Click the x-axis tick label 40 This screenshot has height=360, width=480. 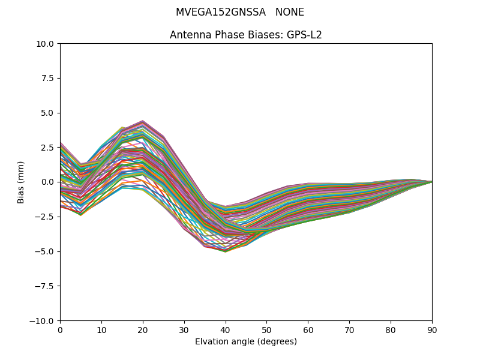coord(225,329)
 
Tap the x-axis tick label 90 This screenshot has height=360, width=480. coord(432,329)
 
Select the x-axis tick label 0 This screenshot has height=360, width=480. coord(60,329)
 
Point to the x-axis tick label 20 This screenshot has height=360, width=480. coord(143,329)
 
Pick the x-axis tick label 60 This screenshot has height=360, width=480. coord(308,329)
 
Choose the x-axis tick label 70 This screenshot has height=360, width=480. coord(349,329)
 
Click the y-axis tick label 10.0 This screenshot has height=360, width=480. coord(46,44)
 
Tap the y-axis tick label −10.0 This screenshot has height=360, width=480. coord(43,321)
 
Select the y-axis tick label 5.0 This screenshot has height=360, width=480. coord(48,113)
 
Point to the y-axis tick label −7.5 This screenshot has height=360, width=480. coord(45,286)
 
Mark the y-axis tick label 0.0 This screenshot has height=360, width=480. coord(48,182)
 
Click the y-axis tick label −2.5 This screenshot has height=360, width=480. coord(45,217)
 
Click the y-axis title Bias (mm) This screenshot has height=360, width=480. coord(21,182)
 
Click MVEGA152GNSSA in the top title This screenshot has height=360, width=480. coord(220,13)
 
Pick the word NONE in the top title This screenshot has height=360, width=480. coord(290,13)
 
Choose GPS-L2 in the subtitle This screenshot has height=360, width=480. coord(305,35)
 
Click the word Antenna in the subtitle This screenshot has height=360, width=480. coord(188,35)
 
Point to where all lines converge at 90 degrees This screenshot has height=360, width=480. coord(431,182)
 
